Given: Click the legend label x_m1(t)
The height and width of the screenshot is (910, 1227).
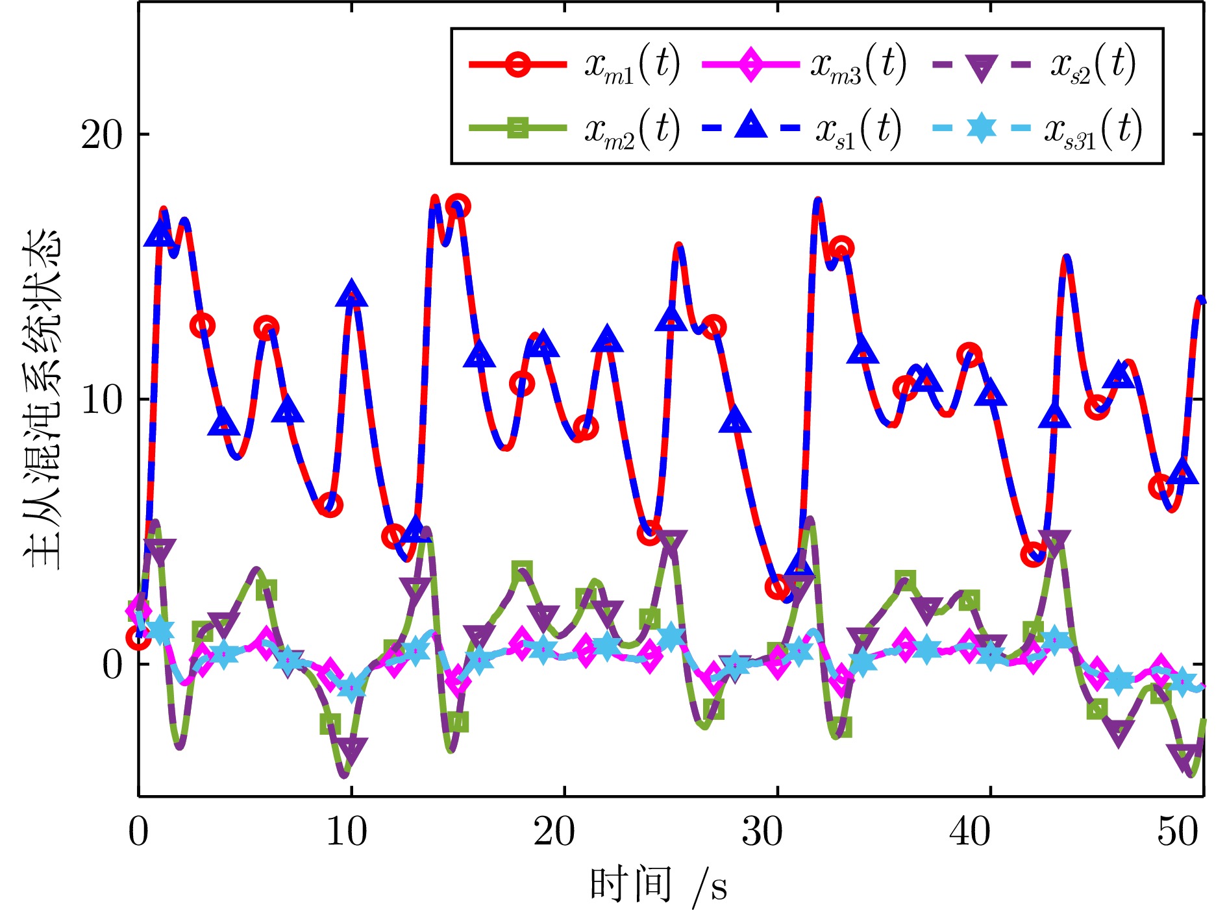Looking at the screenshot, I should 632,66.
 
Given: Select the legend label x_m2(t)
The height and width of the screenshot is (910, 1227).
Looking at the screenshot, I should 632,129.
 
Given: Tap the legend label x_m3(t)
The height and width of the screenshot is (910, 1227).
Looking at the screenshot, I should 858,66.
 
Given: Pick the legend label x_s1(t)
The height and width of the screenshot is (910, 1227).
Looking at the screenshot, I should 858,129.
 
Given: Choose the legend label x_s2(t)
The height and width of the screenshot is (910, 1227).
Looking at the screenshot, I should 1093,66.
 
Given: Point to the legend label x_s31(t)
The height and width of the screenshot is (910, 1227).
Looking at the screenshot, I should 1093,129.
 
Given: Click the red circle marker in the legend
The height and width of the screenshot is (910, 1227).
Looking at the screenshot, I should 517,65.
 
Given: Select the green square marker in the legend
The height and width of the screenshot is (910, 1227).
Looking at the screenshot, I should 517,128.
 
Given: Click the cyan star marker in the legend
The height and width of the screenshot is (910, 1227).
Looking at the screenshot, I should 981,128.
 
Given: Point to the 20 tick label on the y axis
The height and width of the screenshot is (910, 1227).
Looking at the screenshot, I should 101,136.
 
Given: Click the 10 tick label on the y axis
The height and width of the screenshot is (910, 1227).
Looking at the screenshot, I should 101,400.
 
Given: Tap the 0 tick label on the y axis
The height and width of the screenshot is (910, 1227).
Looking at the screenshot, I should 112,664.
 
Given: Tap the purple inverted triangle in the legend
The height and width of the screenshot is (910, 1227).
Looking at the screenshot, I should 981,67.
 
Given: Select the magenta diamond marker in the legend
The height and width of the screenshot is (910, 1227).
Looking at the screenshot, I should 750,65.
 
